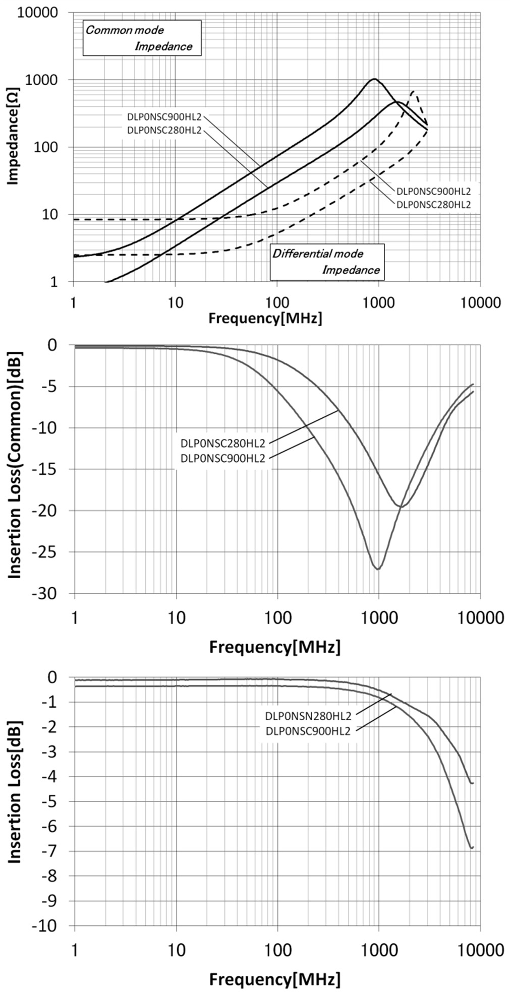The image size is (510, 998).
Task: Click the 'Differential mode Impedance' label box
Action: pos(326,262)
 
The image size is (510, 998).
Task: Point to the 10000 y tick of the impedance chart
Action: pos(38,12)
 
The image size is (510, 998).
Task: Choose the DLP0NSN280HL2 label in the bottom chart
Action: pos(307,716)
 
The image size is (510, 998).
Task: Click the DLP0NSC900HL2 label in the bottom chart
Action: pos(307,731)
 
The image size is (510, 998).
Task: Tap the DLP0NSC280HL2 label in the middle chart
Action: pos(222,444)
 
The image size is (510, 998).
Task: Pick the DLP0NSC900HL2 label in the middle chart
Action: pos(222,459)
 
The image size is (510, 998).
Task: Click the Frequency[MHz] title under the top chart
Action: pos(265,319)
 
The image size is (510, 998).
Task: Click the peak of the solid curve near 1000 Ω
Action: pos(374,79)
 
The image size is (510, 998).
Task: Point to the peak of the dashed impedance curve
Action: pos(413,92)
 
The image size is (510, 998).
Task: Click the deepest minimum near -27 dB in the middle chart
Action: pos(378,569)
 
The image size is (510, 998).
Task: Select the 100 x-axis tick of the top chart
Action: pos(277,303)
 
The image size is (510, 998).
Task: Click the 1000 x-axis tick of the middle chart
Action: pos(378,617)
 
